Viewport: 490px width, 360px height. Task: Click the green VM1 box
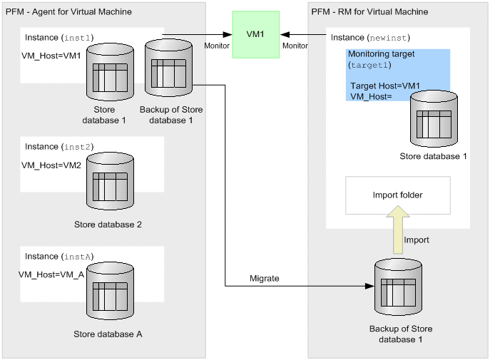point(253,34)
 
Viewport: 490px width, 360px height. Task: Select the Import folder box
point(397,195)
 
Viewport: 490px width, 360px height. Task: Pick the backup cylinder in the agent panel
point(168,68)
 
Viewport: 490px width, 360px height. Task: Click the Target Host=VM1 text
point(385,86)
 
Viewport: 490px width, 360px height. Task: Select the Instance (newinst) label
point(371,36)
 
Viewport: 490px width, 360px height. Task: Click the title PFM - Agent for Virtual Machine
point(68,12)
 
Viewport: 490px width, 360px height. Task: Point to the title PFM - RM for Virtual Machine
point(370,12)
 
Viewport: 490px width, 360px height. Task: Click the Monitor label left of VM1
point(217,45)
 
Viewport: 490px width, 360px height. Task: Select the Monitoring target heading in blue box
point(382,53)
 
